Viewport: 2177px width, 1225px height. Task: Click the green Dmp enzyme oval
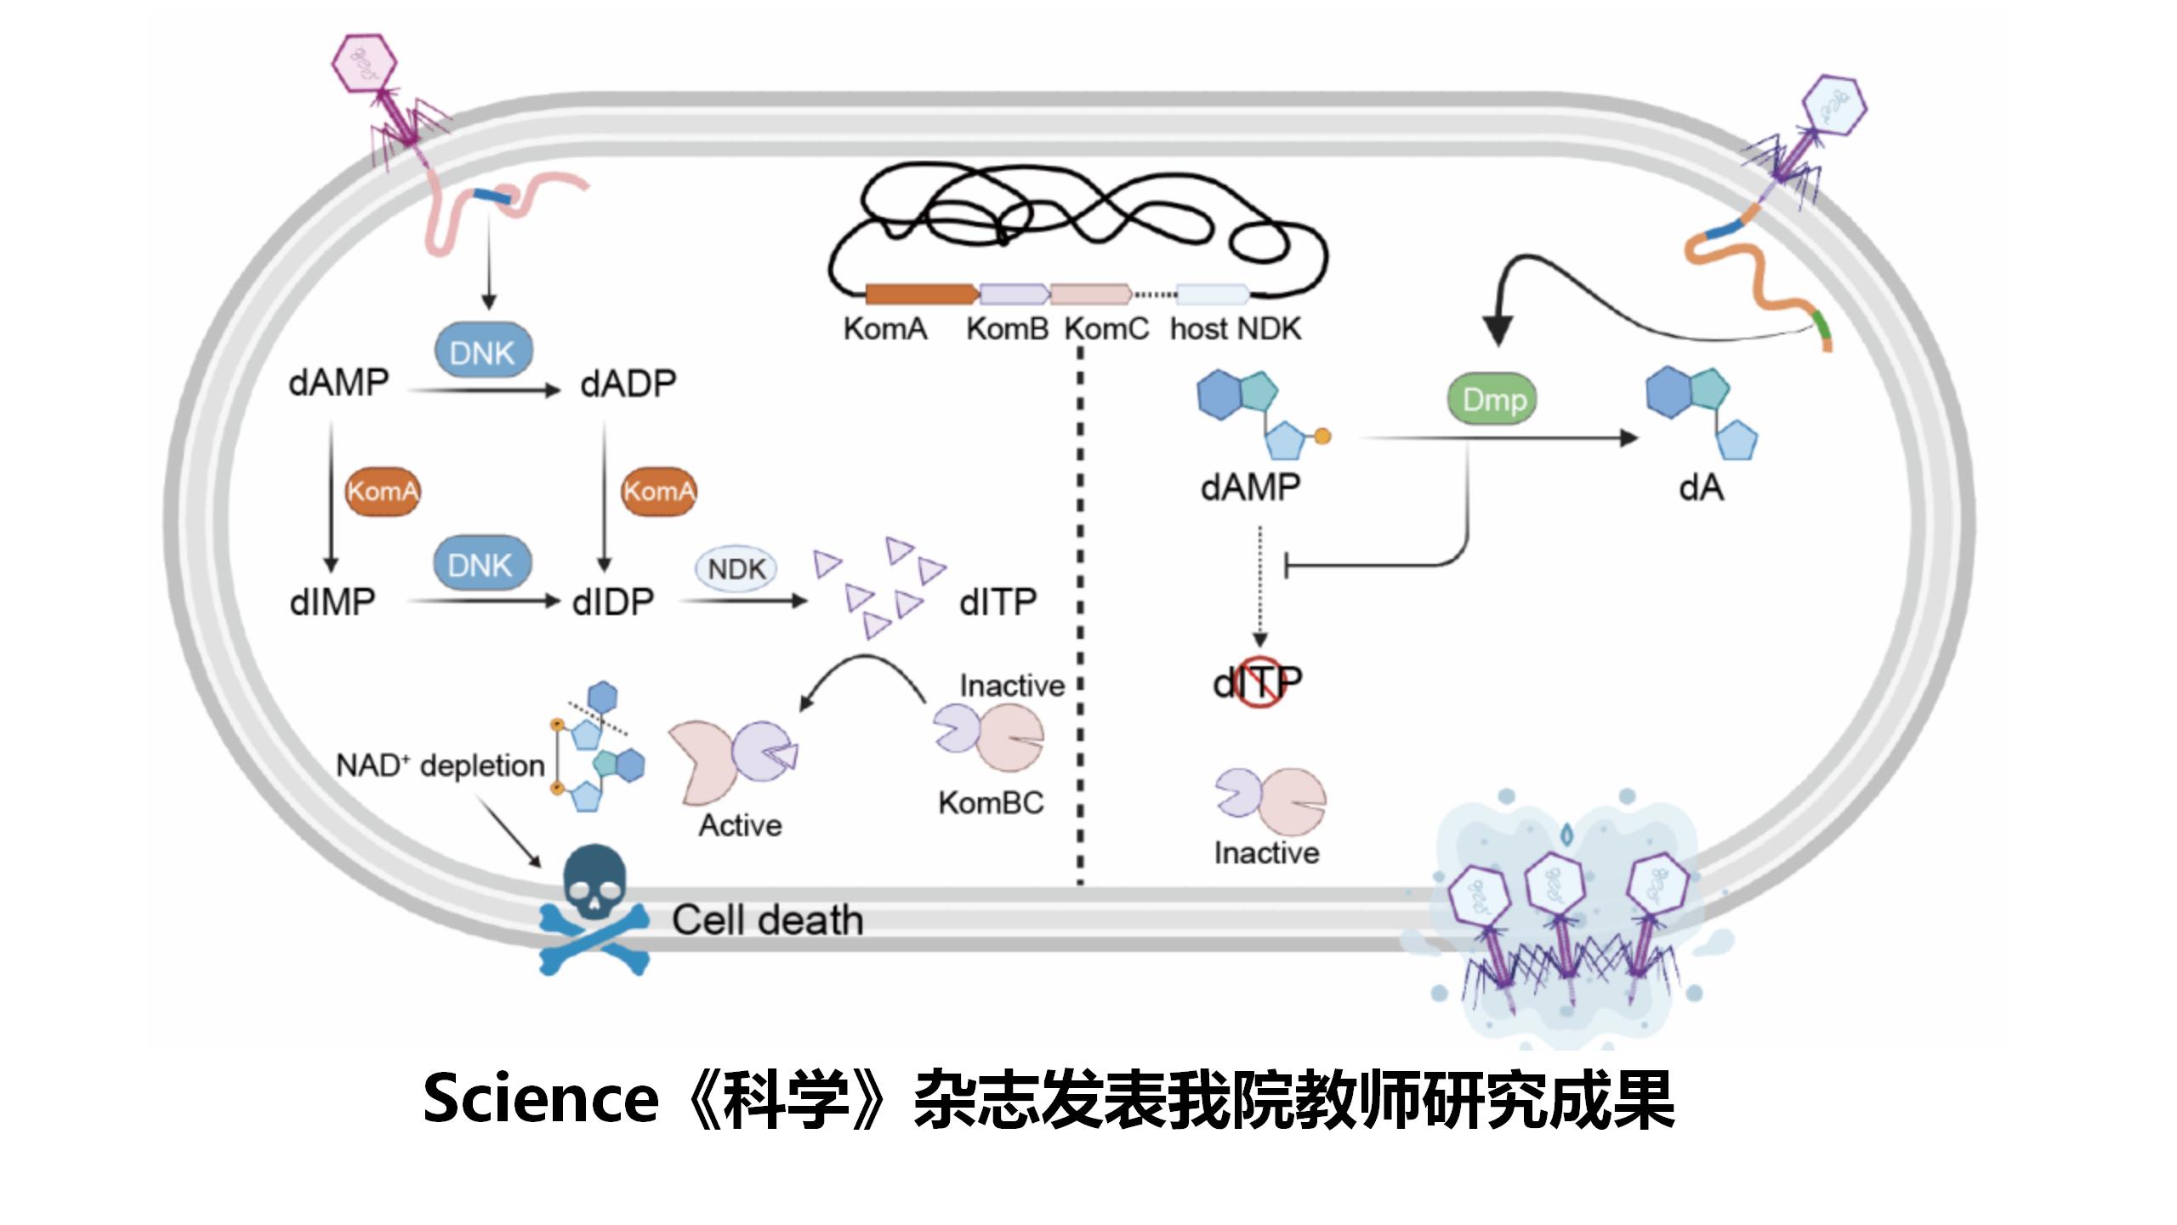coord(1493,399)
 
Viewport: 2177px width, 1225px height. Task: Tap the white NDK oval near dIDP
coord(736,568)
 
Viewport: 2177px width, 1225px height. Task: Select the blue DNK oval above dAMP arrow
coord(482,351)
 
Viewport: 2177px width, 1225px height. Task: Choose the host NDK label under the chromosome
coord(1235,329)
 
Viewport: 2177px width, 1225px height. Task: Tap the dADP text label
coord(628,384)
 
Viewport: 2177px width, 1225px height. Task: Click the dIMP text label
coord(333,602)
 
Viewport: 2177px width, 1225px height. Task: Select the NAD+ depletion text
coord(441,766)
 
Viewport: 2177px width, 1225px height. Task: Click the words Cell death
coord(767,920)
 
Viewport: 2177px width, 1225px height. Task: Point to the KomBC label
coord(991,802)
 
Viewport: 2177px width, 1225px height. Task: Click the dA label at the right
coord(1701,487)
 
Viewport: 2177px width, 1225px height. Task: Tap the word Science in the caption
coord(541,1098)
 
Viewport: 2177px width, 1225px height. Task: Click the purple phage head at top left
coord(364,62)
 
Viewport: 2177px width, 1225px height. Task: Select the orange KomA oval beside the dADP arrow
coord(658,491)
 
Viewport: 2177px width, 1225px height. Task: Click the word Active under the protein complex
coord(740,825)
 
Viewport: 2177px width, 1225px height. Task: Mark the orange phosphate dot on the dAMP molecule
coord(1322,436)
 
